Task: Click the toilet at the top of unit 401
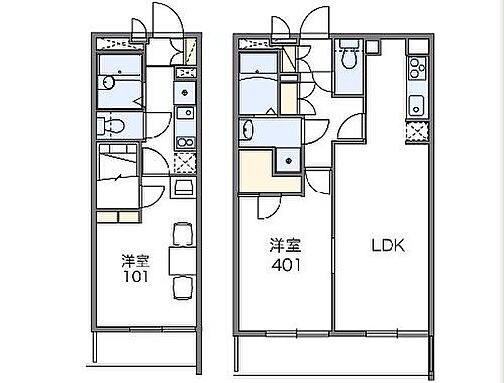click(348, 59)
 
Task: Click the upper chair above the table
click(181, 233)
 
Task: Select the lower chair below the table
click(181, 288)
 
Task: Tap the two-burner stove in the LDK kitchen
click(414, 70)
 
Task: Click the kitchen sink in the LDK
click(415, 104)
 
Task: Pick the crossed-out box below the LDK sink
click(415, 133)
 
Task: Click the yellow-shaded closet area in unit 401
click(256, 171)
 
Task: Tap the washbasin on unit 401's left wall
click(246, 130)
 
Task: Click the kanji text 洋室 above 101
click(136, 260)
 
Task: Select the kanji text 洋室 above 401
click(284, 246)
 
